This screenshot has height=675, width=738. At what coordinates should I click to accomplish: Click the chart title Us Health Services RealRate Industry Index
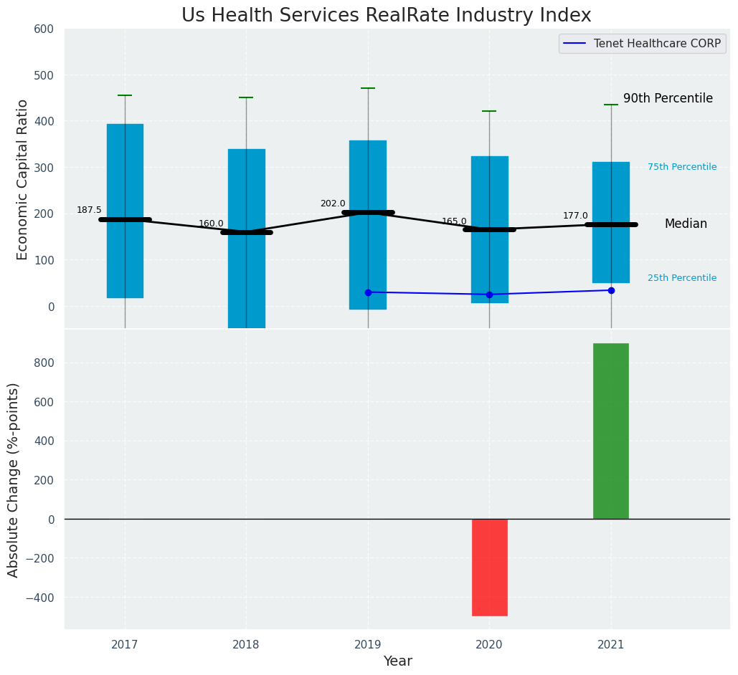tap(386, 16)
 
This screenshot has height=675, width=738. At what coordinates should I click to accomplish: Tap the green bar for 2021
tap(611, 431)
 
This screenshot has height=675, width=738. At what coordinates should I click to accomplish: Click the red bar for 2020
tap(490, 567)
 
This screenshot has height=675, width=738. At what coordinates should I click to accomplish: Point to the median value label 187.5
tap(90, 210)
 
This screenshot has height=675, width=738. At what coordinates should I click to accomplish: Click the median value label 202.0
tap(333, 204)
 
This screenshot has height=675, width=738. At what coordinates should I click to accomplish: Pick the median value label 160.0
tap(211, 224)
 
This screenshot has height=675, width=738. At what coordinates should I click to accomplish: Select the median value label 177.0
tap(575, 216)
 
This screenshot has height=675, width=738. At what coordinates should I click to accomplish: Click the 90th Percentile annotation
tap(668, 98)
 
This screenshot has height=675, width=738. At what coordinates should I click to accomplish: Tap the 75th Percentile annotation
tap(682, 167)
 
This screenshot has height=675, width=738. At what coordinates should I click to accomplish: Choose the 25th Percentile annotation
tap(682, 278)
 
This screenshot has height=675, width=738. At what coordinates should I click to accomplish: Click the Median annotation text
tap(686, 224)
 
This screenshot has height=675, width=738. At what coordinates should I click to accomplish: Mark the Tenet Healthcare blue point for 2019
tap(368, 292)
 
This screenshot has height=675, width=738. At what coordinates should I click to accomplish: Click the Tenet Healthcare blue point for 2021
tap(611, 290)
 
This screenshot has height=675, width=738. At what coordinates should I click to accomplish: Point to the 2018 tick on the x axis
tap(246, 645)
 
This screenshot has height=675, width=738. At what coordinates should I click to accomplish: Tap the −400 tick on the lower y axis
tap(39, 598)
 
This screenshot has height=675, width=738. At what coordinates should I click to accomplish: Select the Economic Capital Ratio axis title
tap(22, 179)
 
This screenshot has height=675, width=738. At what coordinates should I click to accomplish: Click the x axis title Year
tap(397, 661)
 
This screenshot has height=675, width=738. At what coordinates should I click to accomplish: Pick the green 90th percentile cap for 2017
tap(125, 95)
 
